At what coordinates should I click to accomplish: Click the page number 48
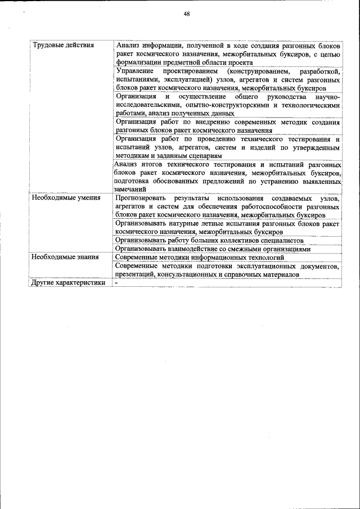(x=186, y=15)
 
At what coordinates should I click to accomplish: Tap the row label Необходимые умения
(x=66, y=198)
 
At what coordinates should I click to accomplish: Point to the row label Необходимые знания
(x=65, y=257)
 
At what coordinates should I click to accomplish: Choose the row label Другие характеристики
(x=69, y=283)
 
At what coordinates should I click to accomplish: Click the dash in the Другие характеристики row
(x=115, y=283)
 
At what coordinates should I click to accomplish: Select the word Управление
(x=134, y=72)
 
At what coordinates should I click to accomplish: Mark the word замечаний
(x=130, y=190)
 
